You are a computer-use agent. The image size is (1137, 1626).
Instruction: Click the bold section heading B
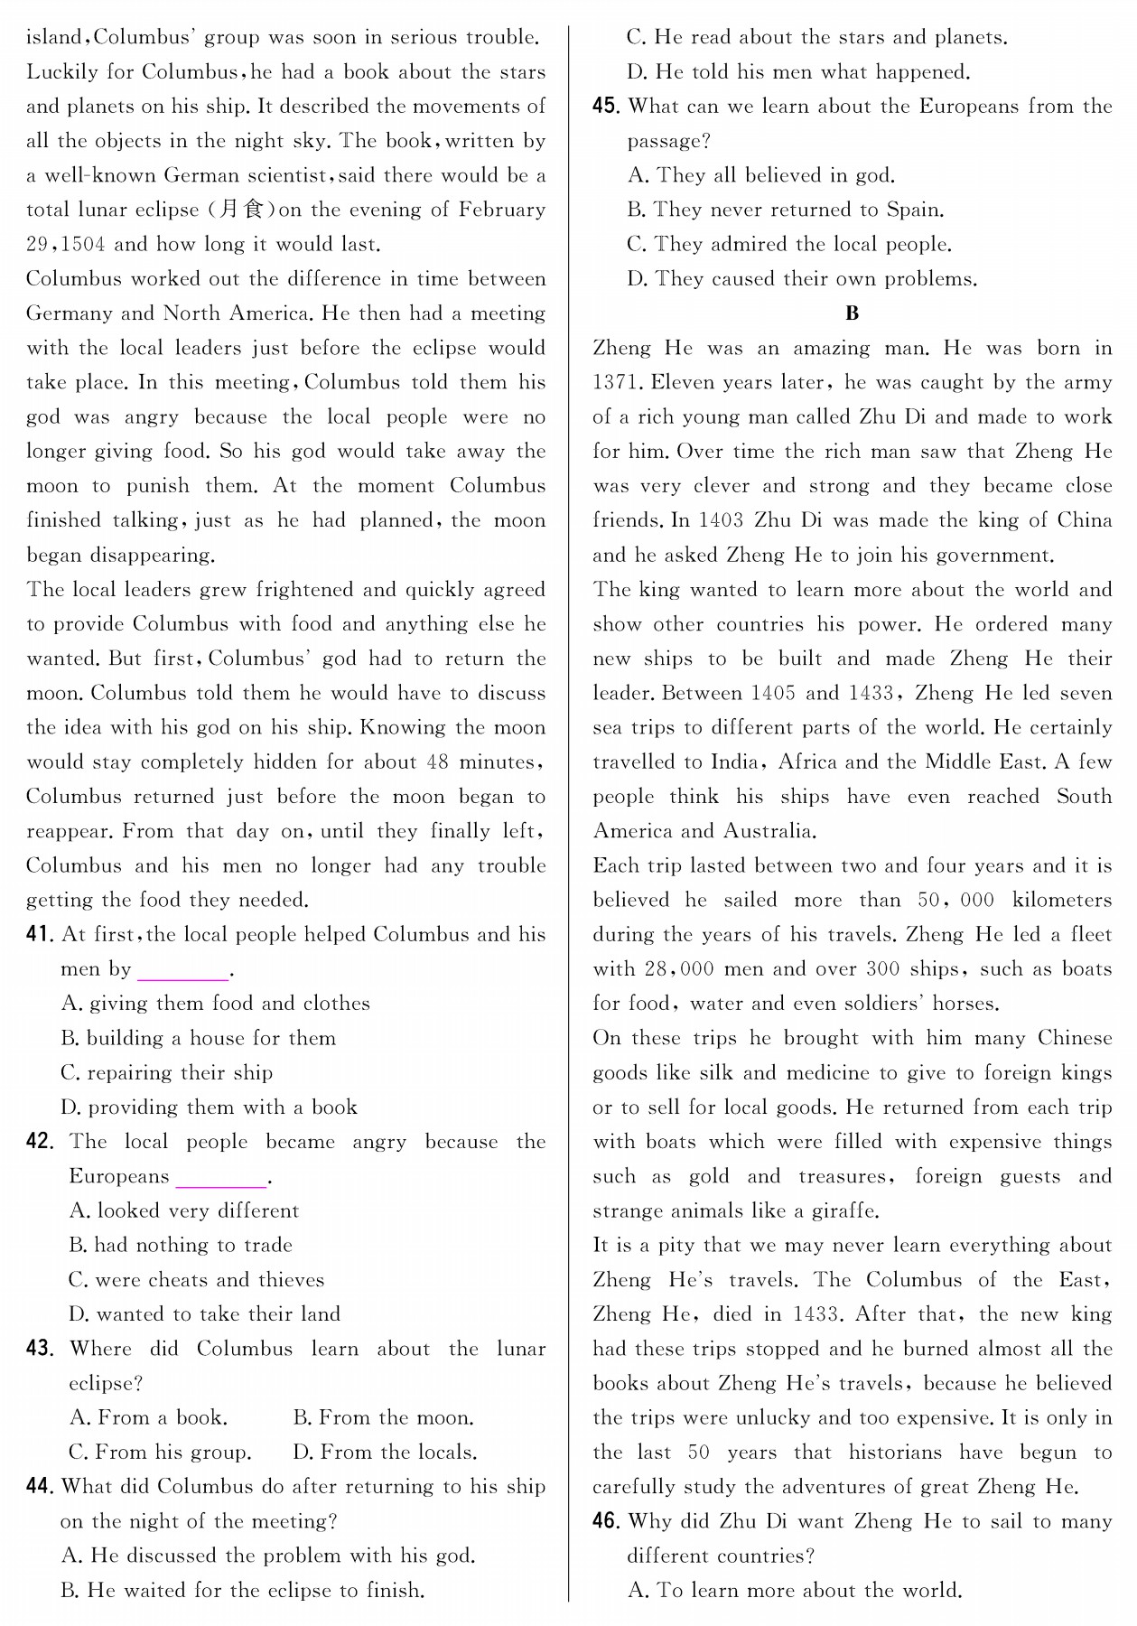[852, 313]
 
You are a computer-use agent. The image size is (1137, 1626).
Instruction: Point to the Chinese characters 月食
[240, 210]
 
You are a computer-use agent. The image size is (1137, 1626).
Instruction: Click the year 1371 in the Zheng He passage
[615, 383]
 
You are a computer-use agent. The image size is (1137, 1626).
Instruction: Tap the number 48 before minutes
[437, 762]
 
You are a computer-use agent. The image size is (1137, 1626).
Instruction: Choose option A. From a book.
[148, 1418]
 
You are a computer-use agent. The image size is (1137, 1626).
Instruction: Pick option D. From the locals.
[385, 1453]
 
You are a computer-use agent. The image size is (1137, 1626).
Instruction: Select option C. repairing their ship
[166, 1073]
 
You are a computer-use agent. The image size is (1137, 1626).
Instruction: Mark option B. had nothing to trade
[181, 1246]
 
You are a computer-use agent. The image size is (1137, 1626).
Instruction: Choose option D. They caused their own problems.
[802, 279]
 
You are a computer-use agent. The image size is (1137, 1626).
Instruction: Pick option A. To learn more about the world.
[795, 1591]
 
